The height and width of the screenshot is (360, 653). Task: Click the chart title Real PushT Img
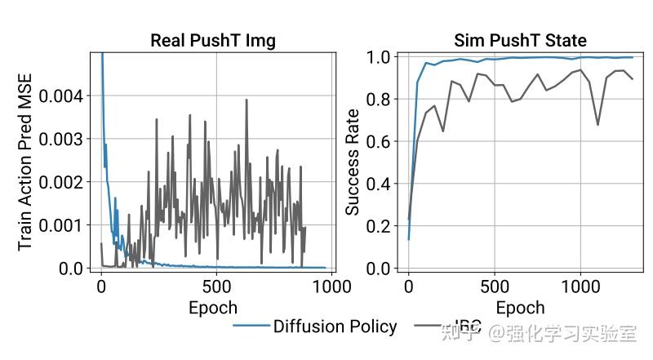coord(213,41)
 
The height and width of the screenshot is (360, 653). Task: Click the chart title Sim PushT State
coord(520,41)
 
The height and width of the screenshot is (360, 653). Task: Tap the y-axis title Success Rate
coord(352,162)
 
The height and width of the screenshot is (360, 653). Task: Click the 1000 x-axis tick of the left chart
coord(331,287)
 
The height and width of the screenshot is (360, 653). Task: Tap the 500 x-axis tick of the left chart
coord(216,287)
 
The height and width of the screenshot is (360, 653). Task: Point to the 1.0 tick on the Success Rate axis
coord(382,57)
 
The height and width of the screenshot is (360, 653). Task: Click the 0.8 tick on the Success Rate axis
coord(382,100)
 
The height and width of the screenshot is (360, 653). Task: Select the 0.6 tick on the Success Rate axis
coord(382,142)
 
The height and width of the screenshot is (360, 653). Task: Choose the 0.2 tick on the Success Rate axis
coord(382,226)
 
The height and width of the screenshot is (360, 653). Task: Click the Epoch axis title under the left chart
coord(213,308)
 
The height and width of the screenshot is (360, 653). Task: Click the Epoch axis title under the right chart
coord(520,308)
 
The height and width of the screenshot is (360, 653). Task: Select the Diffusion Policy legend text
coord(335,327)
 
